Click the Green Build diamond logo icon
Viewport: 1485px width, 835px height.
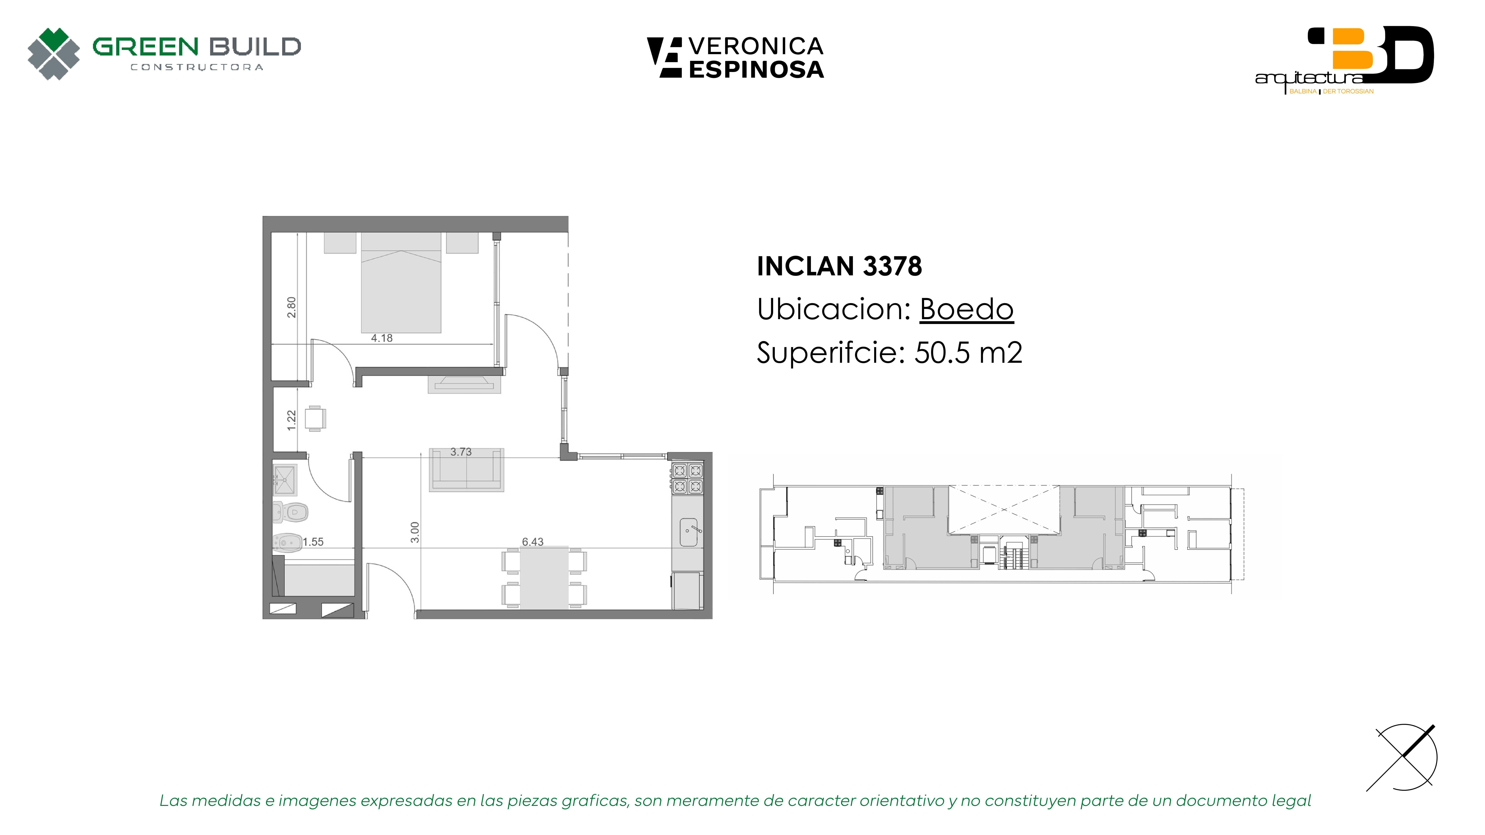pos(54,54)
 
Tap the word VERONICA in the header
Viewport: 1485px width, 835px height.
pos(756,46)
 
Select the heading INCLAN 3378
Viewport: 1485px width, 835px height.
pos(839,266)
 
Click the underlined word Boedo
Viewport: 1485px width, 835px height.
pos(967,310)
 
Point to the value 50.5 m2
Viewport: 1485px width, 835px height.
pos(968,353)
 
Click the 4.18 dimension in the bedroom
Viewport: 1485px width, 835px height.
pos(382,338)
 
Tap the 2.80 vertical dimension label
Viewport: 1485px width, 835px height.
pos(292,307)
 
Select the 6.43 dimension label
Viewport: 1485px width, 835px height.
pos(533,542)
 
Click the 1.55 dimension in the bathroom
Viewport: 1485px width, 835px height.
pos(313,542)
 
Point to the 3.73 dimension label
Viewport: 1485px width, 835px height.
pos(461,452)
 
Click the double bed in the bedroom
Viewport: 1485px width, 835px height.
pos(401,282)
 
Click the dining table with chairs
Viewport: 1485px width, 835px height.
pos(544,578)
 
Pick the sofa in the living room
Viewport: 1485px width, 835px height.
pos(466,470)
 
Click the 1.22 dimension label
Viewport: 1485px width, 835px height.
pos(292,420)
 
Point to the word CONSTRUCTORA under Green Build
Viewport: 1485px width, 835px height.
pos(197,67)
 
